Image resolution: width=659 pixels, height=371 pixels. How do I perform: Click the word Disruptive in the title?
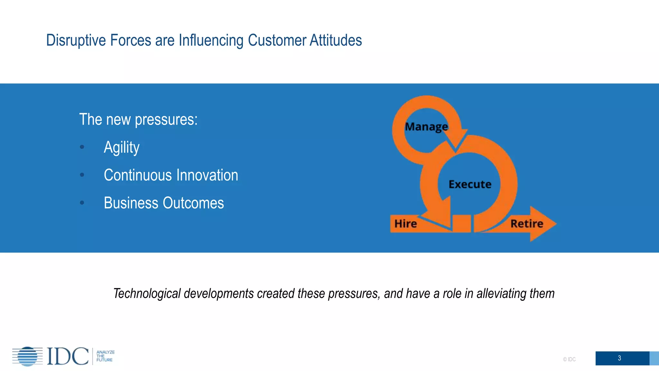(x=76, y=41)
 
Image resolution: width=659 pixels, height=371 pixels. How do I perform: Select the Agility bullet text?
(x=122, y=148)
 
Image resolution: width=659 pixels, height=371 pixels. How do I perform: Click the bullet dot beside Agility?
(x=82, y=147)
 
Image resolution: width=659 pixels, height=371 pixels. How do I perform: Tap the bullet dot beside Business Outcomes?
(x=82, y=203)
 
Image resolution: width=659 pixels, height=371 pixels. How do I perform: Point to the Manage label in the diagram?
(x=426, y=127)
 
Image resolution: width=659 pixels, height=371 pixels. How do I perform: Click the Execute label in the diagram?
(x=470, y=185)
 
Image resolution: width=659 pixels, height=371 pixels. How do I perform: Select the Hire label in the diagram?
(x=405, y=224)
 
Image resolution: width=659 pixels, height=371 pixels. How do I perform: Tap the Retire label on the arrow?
(x=527, y=224)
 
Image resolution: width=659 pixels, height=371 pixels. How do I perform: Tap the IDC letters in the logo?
(x=68, y=356)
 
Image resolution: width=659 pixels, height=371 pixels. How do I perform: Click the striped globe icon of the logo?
(x=28, y=356)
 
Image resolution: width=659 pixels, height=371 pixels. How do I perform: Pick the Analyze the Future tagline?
(x=105, y=356)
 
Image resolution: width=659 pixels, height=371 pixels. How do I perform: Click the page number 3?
(x=619, y=358)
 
